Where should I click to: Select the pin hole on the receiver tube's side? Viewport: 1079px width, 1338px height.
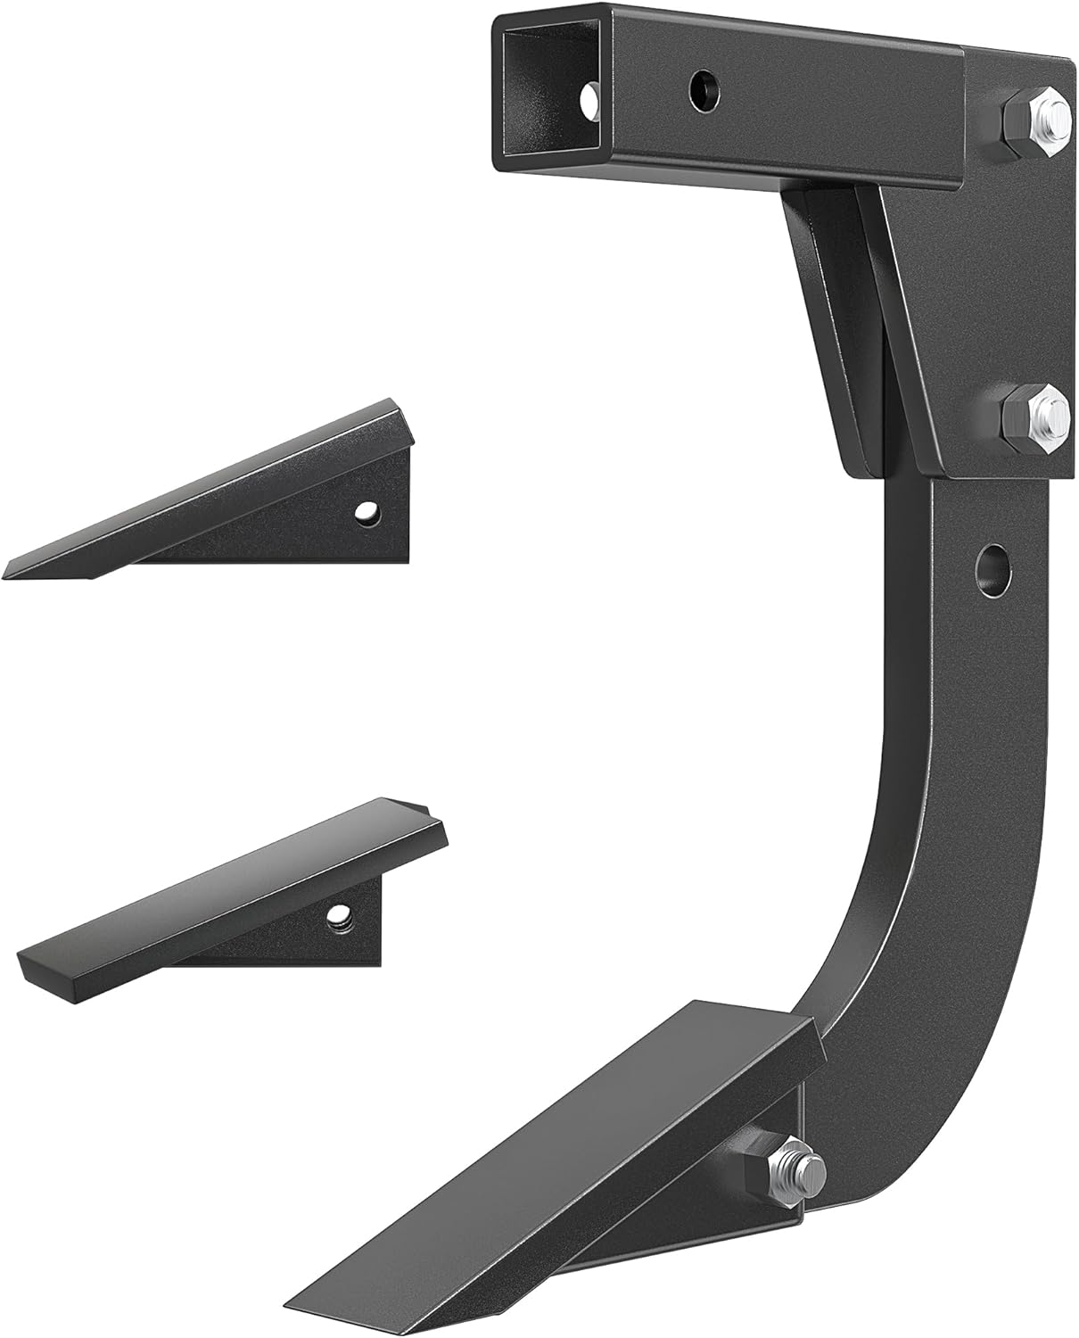[x=702, y=87]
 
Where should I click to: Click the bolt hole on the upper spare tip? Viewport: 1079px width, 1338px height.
[x=364, y=512]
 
